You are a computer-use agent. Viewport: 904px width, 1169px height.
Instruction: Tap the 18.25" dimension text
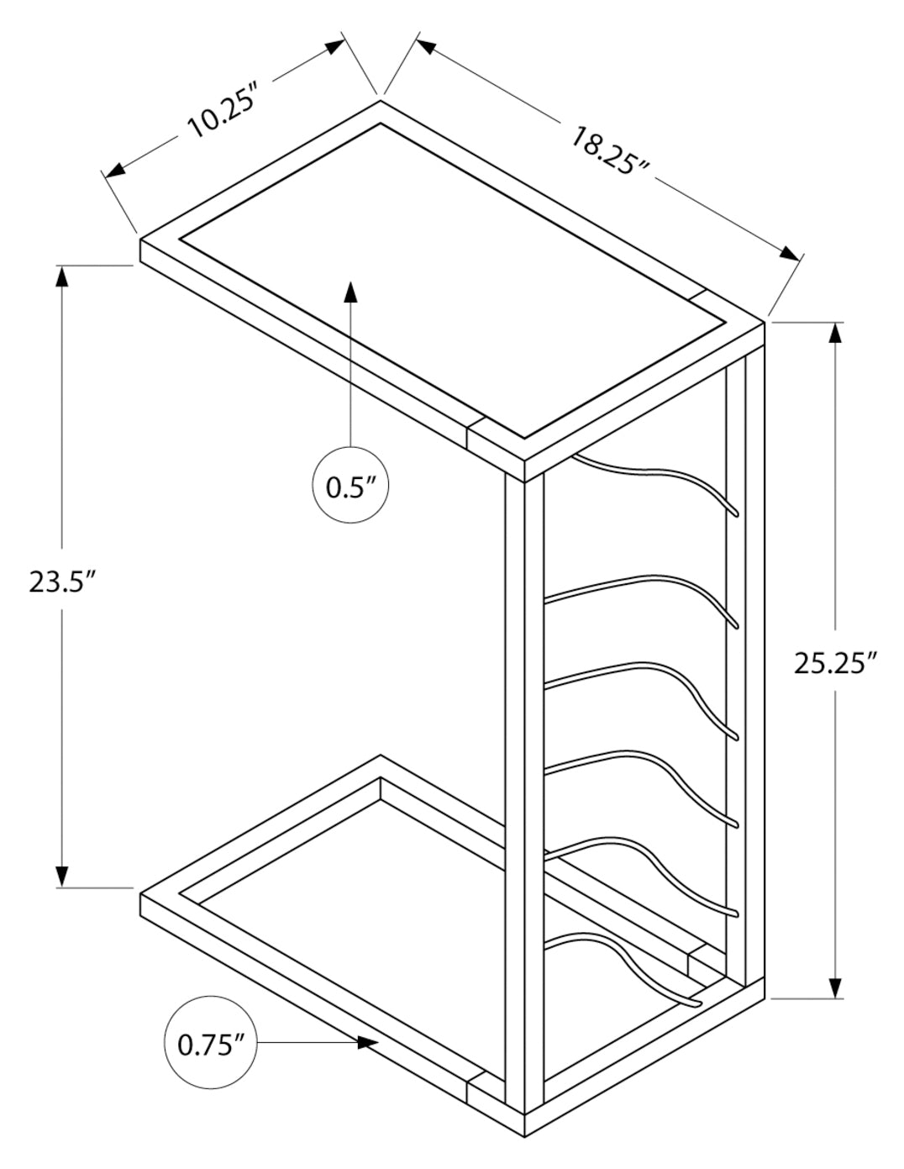click(611, 150)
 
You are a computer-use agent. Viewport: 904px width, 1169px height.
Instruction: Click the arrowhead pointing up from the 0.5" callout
click(350, 293)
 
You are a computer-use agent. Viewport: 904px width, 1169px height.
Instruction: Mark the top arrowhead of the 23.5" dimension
click(62, 277)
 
